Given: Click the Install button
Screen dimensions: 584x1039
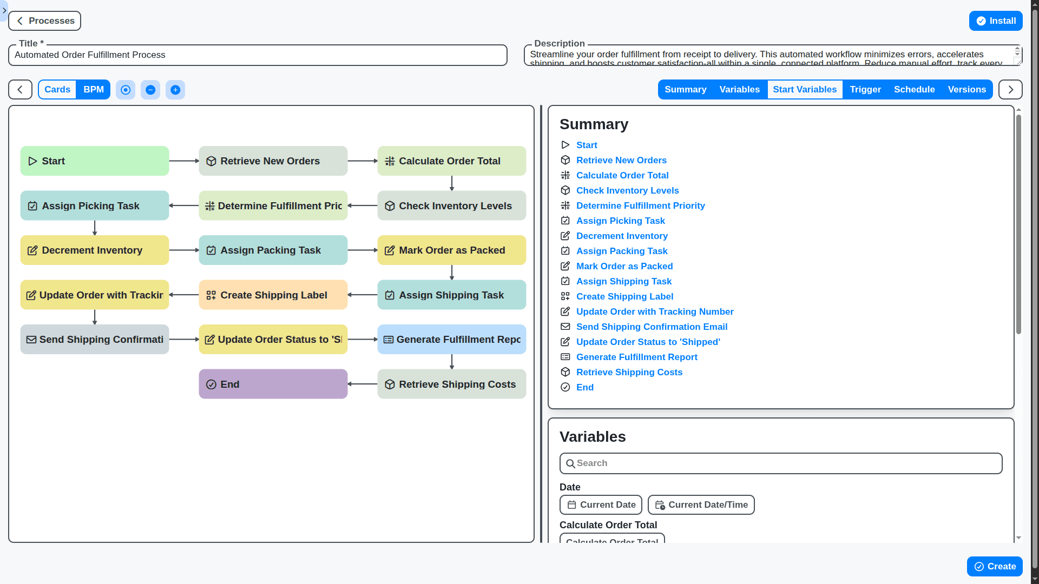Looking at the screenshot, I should [995, 21].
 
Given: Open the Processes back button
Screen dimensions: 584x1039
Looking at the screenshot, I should [45, 21].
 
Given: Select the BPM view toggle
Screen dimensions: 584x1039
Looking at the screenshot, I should [93, 90].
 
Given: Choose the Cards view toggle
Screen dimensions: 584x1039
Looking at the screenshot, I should [57, 90].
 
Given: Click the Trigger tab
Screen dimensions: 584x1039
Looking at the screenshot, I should [865, 90].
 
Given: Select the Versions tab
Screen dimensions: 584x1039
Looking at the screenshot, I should [966, 90].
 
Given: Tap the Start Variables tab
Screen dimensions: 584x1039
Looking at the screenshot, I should [804, 90].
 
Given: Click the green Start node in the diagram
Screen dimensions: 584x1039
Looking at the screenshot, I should [95, 161].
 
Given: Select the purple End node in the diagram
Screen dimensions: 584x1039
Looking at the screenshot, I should [273, 384].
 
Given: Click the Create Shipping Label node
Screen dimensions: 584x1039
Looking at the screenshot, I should [273, 295].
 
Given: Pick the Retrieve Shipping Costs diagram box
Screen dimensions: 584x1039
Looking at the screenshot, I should [451, 384].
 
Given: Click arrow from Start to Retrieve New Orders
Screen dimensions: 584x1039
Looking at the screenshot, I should [184, 161].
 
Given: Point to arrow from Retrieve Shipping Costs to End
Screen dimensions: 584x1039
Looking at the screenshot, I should [363, 384].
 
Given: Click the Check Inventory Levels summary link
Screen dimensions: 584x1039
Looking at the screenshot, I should [627, 190].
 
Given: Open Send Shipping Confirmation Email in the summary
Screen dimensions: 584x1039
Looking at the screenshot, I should [652, 327].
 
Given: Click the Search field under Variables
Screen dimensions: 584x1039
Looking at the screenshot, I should [780, 463].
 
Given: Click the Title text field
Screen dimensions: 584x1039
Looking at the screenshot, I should [258, 55].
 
